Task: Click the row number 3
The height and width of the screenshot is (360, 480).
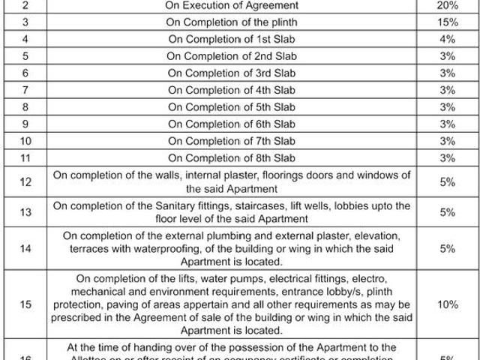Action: pyautogui.click(x=25, y=22)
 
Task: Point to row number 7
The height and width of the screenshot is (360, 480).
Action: pyautogui.click(x=25, y=90)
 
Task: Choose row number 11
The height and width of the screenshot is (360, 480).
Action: pyautogui.click(x=25, y=158)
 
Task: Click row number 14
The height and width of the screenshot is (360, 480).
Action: pyautogui.click(x=25, y=249)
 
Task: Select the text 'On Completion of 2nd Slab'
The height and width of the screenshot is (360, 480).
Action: pyautogui.click(x=232, y=56)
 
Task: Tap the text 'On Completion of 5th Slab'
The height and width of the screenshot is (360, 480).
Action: pyautogui.click(x=232, y=107)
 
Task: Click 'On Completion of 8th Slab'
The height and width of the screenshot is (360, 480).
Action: pyautogui.click(x=232, y=158)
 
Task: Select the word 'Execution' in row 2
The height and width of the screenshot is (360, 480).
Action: pyautogui.click(x=212, y=4)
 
